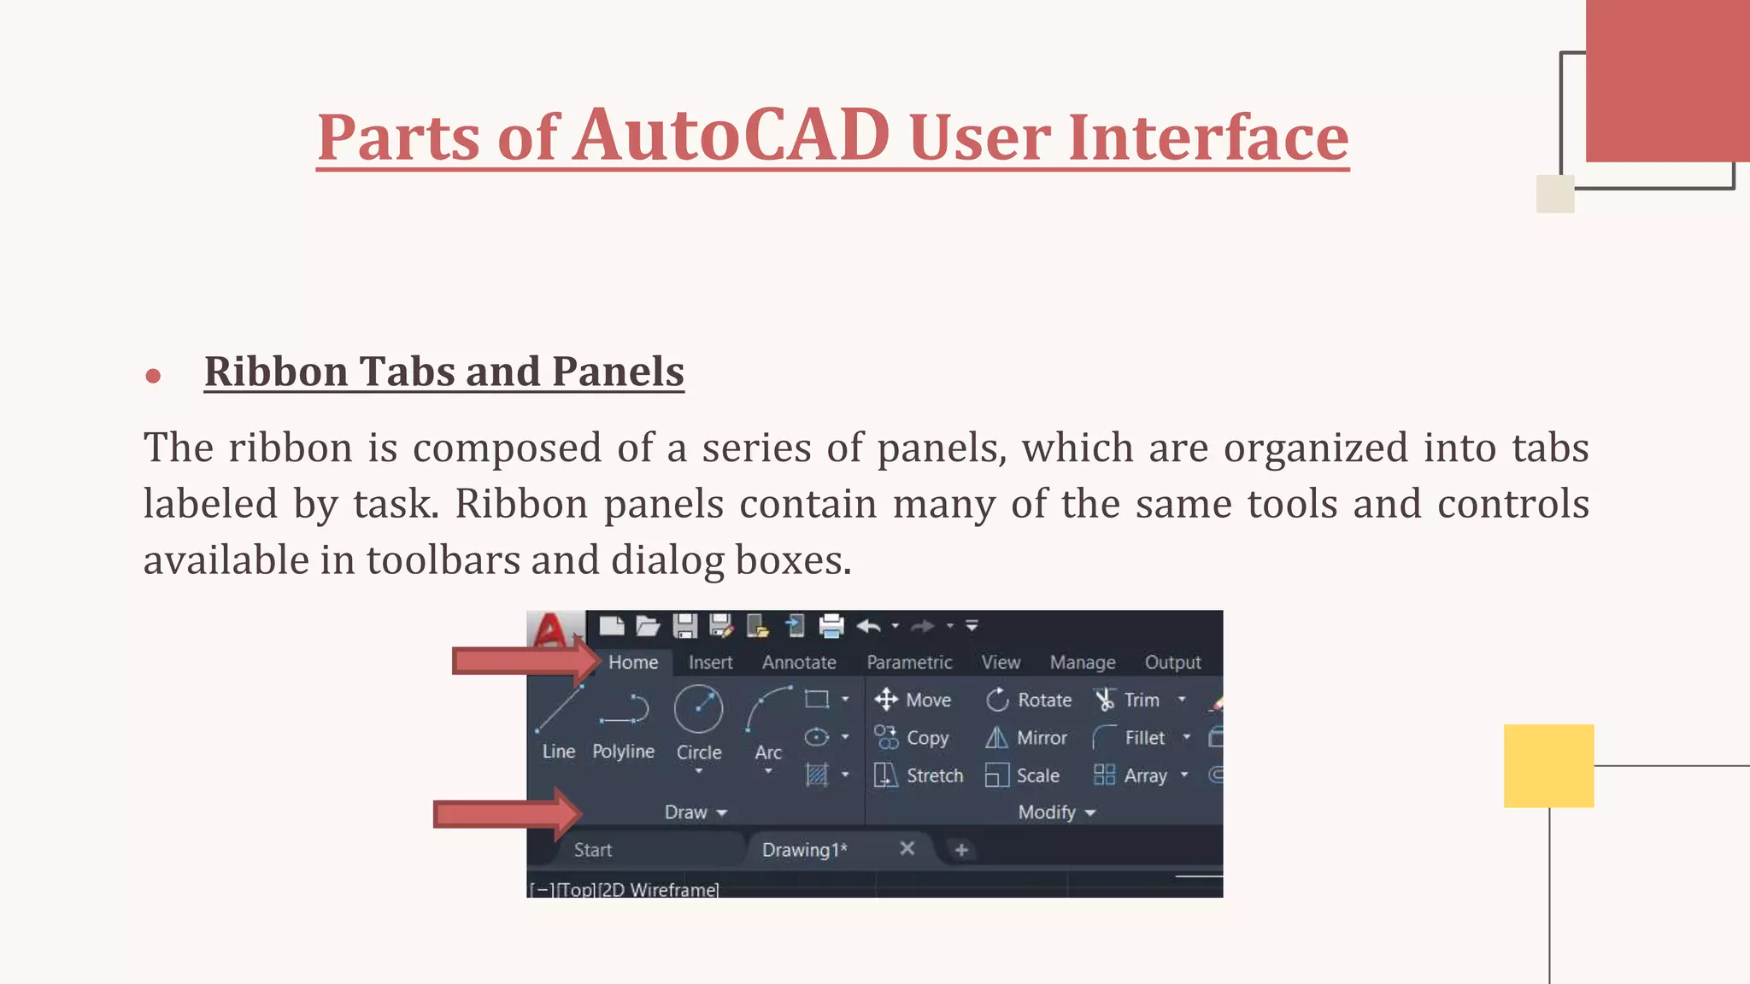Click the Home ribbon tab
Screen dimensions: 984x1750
633,663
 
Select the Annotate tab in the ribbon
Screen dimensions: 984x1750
799,663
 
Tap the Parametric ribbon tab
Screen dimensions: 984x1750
909,663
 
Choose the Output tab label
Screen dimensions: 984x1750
1172,663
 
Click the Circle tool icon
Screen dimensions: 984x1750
698,709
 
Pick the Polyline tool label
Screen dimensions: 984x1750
623,752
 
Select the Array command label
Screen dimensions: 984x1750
1145,776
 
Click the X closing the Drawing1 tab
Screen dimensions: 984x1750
907,848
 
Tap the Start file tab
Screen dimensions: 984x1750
593,850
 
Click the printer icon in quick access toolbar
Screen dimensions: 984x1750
831,626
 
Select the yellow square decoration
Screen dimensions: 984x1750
1548,766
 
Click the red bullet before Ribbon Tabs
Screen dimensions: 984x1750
154,376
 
